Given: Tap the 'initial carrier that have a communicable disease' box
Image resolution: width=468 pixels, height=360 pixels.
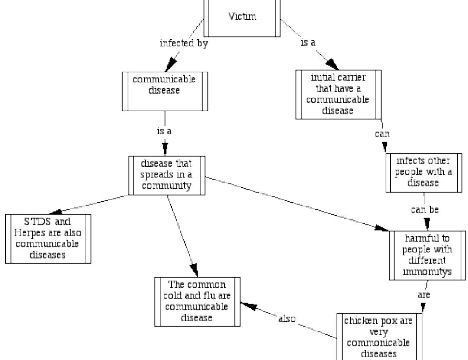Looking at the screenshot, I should pyautogui.click(x=339, y=94).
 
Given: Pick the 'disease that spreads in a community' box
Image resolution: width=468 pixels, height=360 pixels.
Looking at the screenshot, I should pyautogui.click(x=167, y=175).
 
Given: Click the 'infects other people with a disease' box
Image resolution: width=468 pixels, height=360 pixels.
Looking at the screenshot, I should pyautogui.click(x=424, y=172).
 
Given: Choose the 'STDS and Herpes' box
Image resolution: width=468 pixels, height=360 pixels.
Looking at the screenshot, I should pyautogui.click(x=48, y=239).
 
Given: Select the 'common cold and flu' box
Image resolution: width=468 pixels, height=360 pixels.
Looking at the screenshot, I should pyautogui.click(x=197, y=301).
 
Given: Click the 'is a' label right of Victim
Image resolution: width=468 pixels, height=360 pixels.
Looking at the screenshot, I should pyautogui.click(x=308, y=43).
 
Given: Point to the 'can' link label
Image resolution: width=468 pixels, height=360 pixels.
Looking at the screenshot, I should pyautogui.click(x=382, y=134).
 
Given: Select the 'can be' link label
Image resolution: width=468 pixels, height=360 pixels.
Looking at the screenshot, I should pyautogui.click(x=425, y=210).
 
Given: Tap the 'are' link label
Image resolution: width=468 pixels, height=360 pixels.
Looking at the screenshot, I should pyautogui.click(x=424, y=295).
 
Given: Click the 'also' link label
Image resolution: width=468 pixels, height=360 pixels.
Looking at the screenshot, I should pyautogui.click(x=287, y=319).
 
